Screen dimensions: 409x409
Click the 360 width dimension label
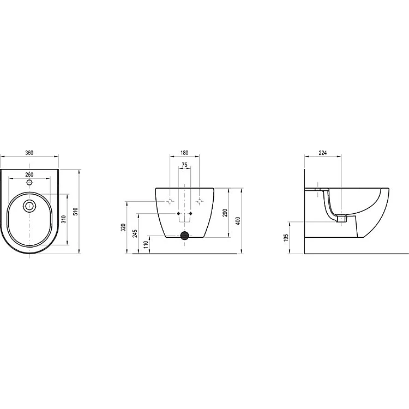[x=29, y=153]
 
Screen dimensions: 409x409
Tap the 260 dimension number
[x=29, y=175]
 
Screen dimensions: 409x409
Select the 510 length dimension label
[x=76, y=211]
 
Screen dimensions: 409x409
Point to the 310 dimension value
[x=64, y=219]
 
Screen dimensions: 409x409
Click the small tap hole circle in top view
[x=29, y=182]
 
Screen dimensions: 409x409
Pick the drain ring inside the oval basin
[x=29, y=206]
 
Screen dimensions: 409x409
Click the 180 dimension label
[x=184, y=153]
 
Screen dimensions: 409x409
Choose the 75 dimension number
[x=184, y=165]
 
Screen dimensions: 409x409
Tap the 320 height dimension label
[x=124, y=227]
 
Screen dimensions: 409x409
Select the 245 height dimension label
[x=135, y=233]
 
